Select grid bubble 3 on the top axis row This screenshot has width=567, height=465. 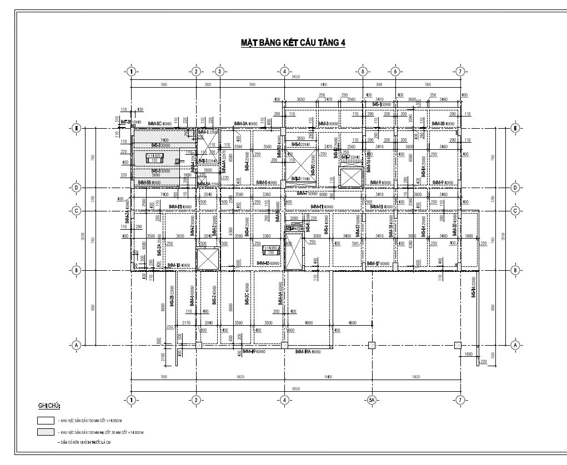click(x=219, y=72)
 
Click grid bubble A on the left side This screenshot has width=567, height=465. click(x=77, y=345)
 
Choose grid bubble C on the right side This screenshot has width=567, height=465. click(x=515, y=211)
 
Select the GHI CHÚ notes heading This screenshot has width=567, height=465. click(x=49, y=407)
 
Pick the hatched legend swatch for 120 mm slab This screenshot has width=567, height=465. click(x=46, y=431)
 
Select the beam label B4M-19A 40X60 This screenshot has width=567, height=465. click(x=308, y=352)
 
